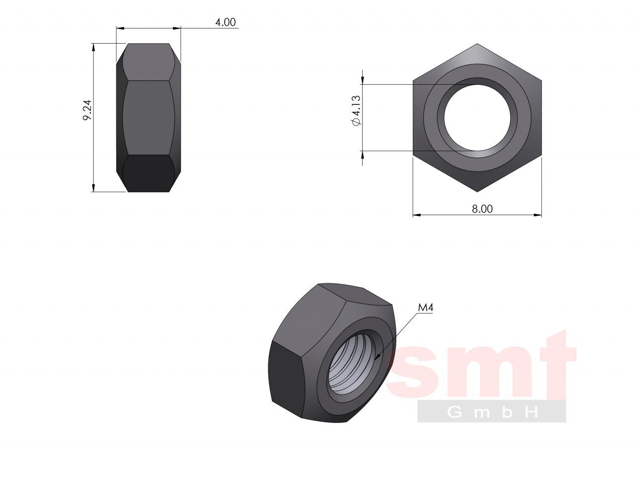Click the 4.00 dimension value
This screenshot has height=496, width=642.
(x=225, y=23)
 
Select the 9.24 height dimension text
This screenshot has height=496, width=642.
(x=87, y=110)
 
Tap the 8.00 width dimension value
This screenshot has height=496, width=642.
(x=482, y=209)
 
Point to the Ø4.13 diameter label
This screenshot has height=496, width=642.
(x=356, y=110)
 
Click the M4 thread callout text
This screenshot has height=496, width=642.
(x=425, y=308)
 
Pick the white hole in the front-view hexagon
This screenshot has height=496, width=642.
(x=477, y=117)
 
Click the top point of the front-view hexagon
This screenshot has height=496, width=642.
(x=477, y=44)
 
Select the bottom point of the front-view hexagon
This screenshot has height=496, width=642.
(x=477, y=192)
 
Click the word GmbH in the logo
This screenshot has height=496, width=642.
(x=492, y=412)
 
